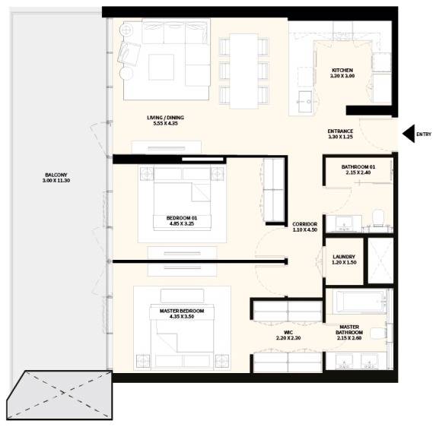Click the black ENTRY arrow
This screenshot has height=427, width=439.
point(409,134)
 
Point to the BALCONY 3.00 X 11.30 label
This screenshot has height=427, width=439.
point(56,178)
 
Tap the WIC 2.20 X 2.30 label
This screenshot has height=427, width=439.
point(288,335)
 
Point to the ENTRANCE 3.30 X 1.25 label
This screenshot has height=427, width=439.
point(340,134)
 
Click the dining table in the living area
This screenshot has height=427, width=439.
point(244,71)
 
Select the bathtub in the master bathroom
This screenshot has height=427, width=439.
point(360,302)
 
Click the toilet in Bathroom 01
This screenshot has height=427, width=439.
point(379,217)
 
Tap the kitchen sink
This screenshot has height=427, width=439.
point(305,102)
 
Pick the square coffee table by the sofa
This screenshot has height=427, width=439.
point(161,67)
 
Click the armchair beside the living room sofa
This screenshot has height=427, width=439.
point(129,54)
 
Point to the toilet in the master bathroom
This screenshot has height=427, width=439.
point(378,334)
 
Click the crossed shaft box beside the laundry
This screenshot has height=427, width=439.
point(380,261)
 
